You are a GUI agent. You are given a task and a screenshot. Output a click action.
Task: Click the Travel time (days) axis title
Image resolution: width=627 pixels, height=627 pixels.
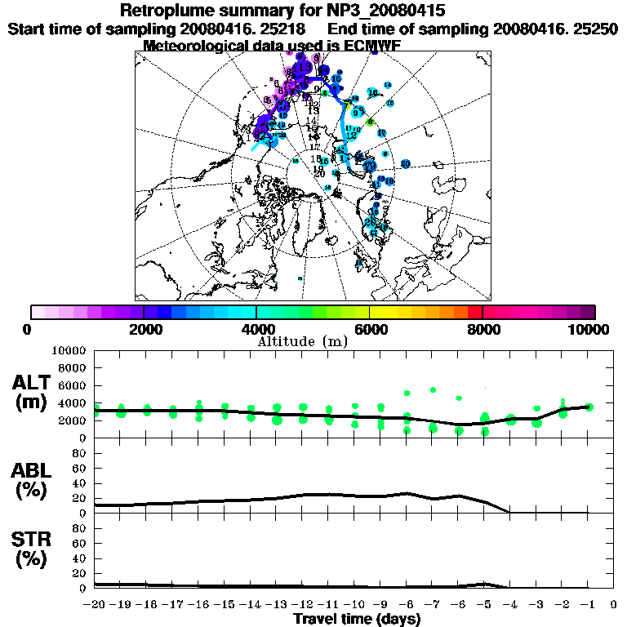tap(357, 619)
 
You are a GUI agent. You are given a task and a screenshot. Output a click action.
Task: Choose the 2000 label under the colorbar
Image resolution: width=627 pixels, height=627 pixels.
tap(144, 329)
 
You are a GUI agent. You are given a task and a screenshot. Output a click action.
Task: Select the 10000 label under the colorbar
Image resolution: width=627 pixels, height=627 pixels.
tap(590, 329)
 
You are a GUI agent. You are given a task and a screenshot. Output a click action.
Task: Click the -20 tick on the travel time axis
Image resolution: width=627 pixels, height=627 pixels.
tap(95, 605)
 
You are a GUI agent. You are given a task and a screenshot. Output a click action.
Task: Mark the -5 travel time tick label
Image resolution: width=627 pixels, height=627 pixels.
tap(484, 605)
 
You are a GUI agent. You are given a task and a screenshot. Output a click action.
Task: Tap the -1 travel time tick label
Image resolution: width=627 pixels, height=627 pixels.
tap(588, 605)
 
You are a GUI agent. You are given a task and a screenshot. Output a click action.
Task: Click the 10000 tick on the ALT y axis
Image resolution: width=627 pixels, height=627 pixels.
tap(71, 351)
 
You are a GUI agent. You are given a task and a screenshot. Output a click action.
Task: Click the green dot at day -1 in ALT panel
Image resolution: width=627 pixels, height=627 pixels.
tap(589, 407)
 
